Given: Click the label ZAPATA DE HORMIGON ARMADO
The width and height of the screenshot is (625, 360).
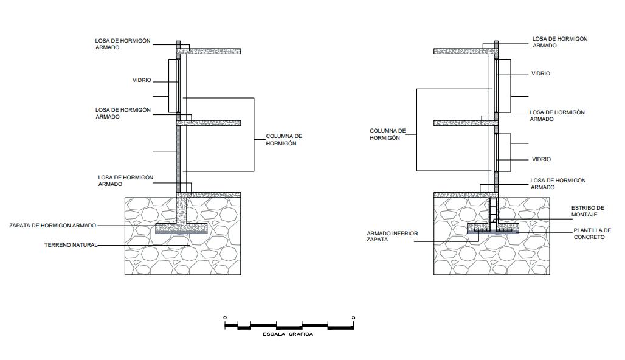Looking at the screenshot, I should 52,226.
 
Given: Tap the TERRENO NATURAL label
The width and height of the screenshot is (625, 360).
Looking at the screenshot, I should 71,246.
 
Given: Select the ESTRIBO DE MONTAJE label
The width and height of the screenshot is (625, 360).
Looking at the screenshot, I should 587,211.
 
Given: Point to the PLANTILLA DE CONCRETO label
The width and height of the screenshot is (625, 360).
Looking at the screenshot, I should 592,234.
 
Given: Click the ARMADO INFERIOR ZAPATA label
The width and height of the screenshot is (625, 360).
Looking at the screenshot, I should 392,237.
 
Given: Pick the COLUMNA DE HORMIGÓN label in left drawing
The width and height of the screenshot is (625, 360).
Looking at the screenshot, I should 284,140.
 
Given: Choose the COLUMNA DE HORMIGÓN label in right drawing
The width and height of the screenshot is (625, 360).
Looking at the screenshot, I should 387,134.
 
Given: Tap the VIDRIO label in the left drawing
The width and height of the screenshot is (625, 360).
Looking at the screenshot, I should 142,80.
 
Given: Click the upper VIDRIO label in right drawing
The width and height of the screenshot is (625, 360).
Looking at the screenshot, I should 540,74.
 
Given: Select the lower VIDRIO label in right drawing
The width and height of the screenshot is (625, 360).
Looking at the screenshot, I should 540,159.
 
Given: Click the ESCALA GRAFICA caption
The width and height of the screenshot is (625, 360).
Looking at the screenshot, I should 288,334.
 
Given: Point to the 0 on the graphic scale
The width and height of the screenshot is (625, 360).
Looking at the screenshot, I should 224,318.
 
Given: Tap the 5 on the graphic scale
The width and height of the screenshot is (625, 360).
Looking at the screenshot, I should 353,318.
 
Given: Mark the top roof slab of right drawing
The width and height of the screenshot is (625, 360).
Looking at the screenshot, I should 462,51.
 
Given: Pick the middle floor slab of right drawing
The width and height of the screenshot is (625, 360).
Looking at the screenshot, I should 462,123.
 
